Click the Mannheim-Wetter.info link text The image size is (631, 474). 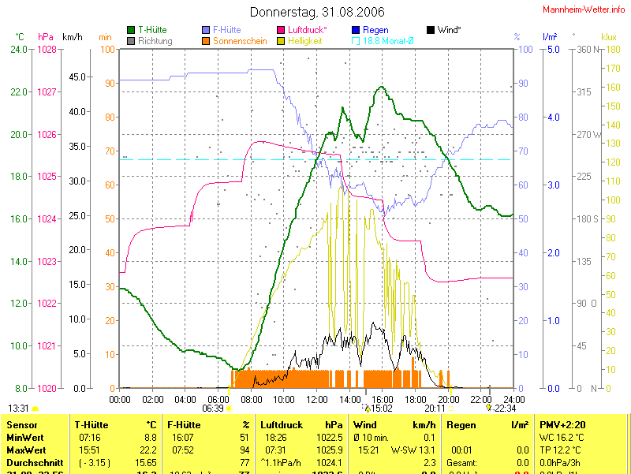click(584, 9)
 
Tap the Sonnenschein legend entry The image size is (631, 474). click(240, 41)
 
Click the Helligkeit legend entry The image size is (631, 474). click(304, 41)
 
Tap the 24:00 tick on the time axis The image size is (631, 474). click(513, 399)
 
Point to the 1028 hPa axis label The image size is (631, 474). click(47, 50)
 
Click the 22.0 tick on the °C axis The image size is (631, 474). click(19, 92)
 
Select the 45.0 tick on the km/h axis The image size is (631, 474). click(78, 77)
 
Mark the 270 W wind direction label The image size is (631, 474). click(588, 135)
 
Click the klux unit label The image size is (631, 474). click(608, 36)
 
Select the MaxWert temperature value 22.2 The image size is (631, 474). click(147, 450)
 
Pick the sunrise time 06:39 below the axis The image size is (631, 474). click(213, 409)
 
